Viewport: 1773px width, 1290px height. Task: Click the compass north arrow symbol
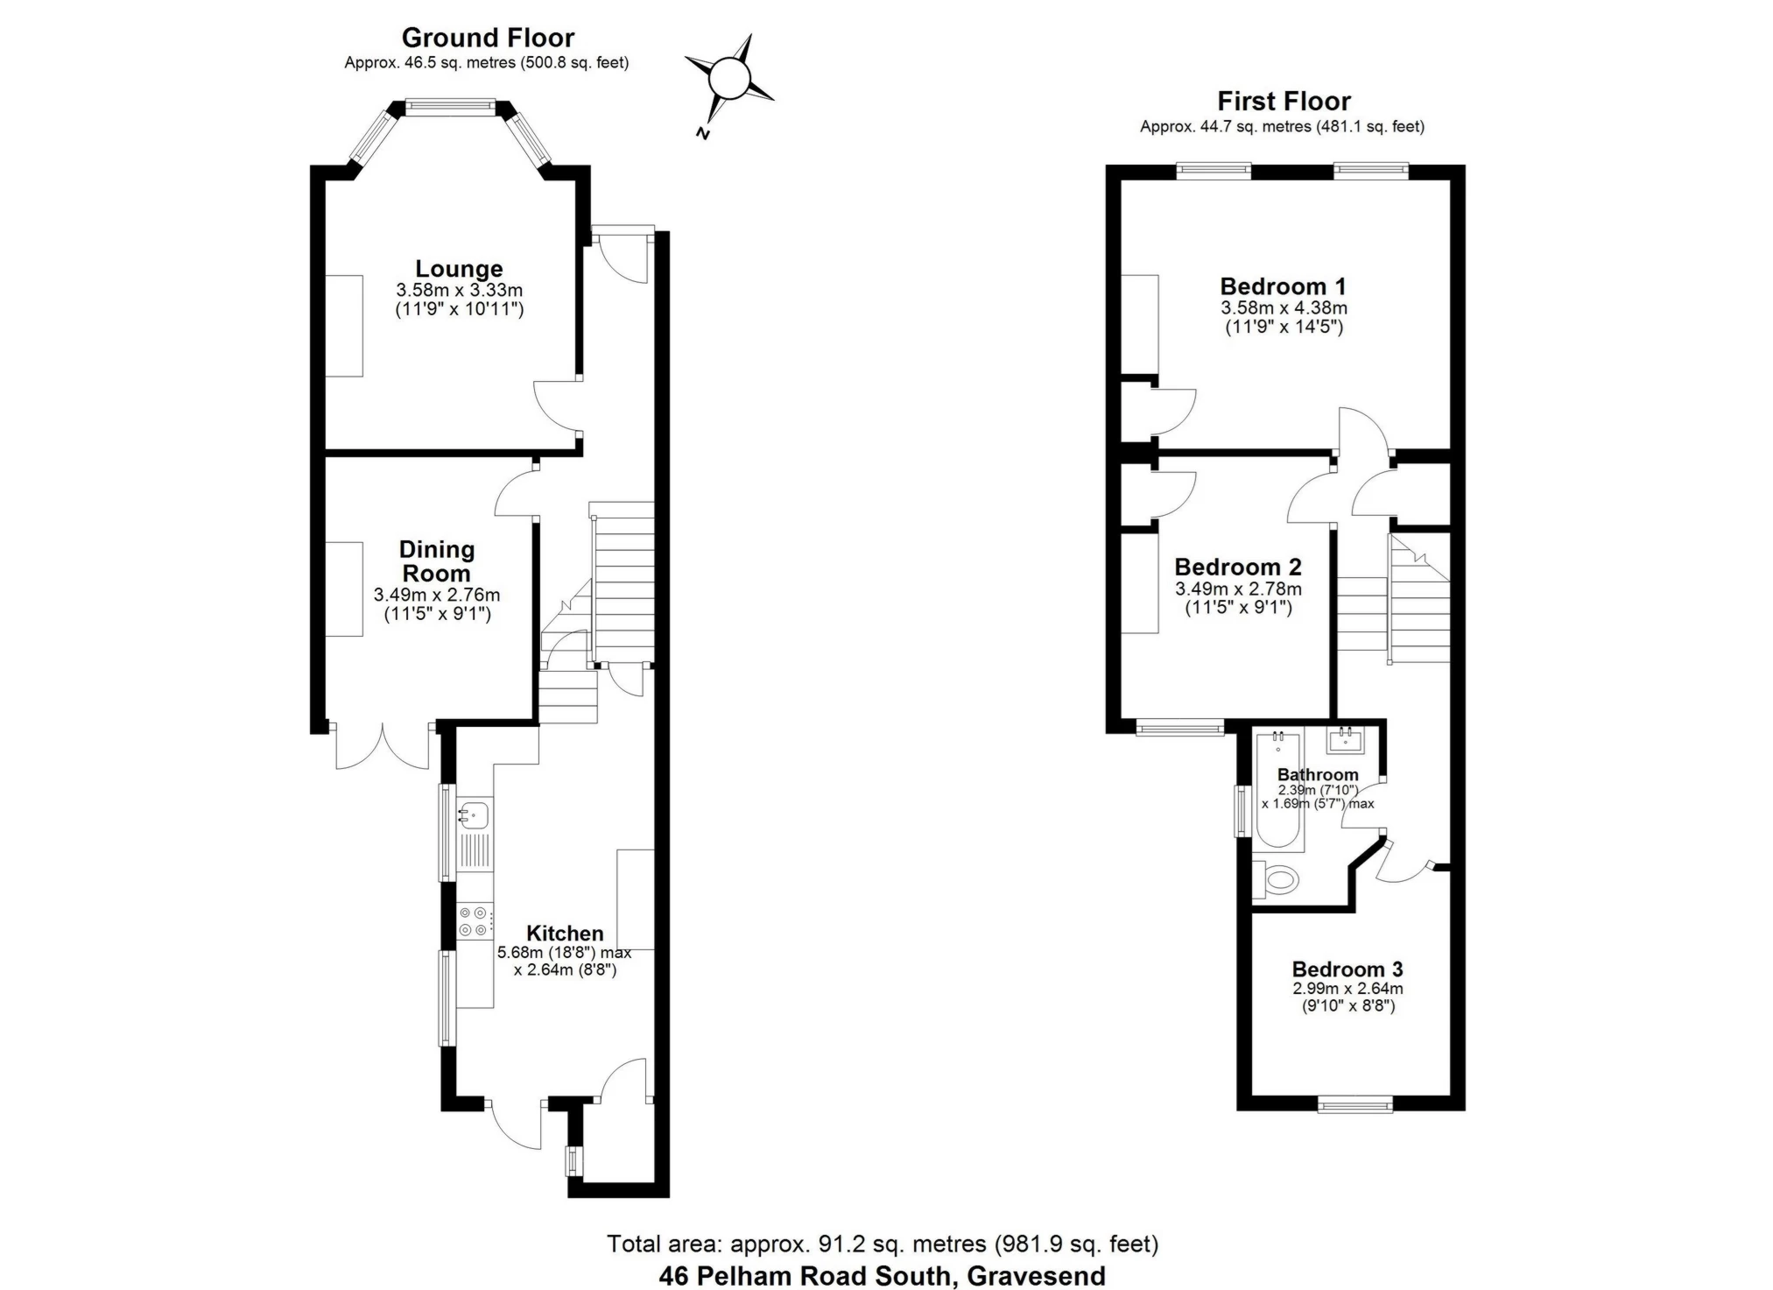point(728,86)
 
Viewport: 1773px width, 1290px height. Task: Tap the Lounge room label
point(459,269)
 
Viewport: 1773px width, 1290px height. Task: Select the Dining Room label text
point(436,561)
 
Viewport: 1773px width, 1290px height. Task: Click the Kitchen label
point(565,934)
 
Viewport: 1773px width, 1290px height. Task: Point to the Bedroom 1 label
point(1283,286)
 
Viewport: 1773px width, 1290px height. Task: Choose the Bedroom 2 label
point(1238,567)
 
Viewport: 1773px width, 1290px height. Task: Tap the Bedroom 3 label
point(1347,969)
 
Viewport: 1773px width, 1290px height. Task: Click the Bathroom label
point(1318,775)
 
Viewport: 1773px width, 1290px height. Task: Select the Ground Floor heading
point(488,38)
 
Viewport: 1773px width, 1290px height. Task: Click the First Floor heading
point(1284,101)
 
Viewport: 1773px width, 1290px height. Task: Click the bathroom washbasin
point(1346,741)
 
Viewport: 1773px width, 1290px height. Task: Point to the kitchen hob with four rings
point(475,921)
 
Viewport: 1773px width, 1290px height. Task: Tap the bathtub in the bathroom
point(1278,792)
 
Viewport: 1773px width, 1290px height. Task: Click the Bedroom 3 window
point(1354,1105)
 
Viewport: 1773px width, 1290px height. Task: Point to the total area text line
point(883,1244)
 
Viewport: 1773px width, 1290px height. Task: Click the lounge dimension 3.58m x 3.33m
point(459,290)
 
